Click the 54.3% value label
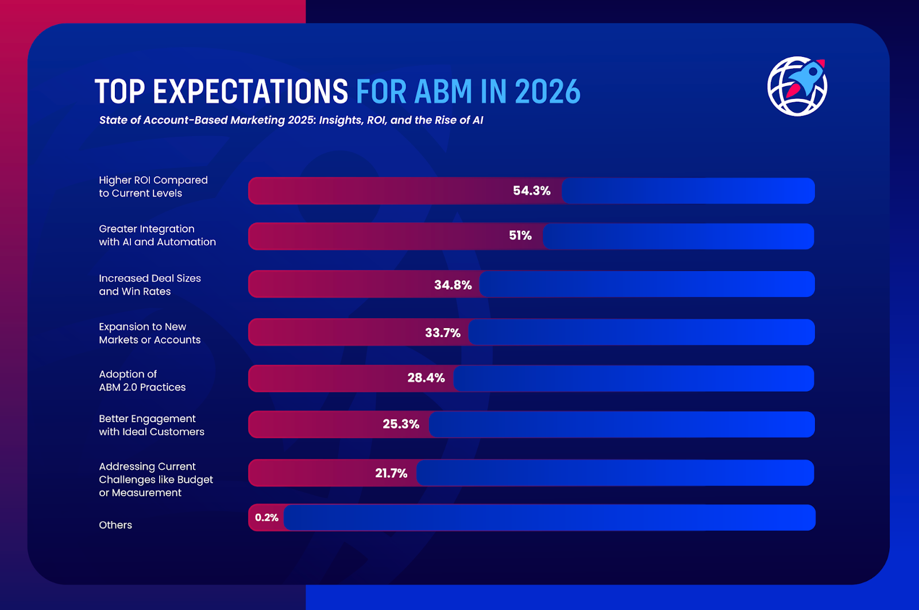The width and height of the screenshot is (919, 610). pyautogui.click(x=531, y=191)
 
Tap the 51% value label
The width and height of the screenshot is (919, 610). pyautogui.click(x=520, y=235)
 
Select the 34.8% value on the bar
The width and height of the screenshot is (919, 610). pyautogui.click(x=453, y=285)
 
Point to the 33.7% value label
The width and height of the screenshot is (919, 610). pyautogui.click(x=442, y=333)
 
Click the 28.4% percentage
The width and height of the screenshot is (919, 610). pyautogui.click(x=426, y=378)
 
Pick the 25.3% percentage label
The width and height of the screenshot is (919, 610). pyautogui.click(x=401, y=424)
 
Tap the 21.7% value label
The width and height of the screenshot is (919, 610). pyautogui.click(x=391, y=473)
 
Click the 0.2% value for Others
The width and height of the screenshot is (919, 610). pyautogui.click(x=267, y=518)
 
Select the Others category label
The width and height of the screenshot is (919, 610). pyautogui.click(x=115, y=525)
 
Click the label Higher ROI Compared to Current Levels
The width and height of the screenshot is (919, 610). pyautogui.click(x=153, y=187)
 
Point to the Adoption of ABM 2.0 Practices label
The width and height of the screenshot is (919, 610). pyautogui.click(x=142, y=381)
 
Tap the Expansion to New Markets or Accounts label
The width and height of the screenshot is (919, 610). pyautogui.click(x=149, y=333)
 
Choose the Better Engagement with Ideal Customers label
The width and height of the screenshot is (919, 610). pyautogui.click(x=151, y=425)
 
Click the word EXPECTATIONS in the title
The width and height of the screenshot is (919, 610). pyautogui.click(x=250, y=92)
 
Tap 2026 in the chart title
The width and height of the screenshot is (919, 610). pyautogui.click(x=547, y=92)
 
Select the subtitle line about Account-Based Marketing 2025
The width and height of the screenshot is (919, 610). pyautogui.click(x=291, y=120)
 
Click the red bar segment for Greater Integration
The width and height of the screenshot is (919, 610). pyautogui.click(x=373, y=236)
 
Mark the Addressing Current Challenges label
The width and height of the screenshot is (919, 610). pyautogui.click(x=156, y=480)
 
